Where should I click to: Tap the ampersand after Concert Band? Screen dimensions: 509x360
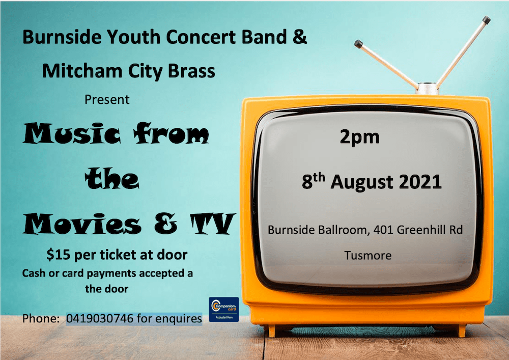pos(300,36)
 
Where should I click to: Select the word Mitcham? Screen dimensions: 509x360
pos(82,71)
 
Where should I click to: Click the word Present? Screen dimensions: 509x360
pos(107,99)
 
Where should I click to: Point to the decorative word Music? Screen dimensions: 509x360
pos(72,133)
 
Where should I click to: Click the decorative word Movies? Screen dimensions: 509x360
pos(82,224)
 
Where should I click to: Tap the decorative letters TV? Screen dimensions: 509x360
pos(212,224)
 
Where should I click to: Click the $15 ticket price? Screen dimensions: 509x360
pos(59,255)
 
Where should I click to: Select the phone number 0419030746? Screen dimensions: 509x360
pos(100,318)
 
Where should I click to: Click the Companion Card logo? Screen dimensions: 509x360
pos(223,310)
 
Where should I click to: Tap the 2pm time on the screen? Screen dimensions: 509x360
pos(359,137)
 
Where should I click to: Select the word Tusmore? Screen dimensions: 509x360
pos(368,256)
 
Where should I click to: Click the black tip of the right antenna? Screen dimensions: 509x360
pos(486,20)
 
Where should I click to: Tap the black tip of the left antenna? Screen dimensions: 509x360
pos(358,44)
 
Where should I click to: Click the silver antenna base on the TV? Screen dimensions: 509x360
pos(427,89)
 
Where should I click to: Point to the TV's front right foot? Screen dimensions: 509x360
pos(461,331)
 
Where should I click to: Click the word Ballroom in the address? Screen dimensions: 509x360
pos(344,230)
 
